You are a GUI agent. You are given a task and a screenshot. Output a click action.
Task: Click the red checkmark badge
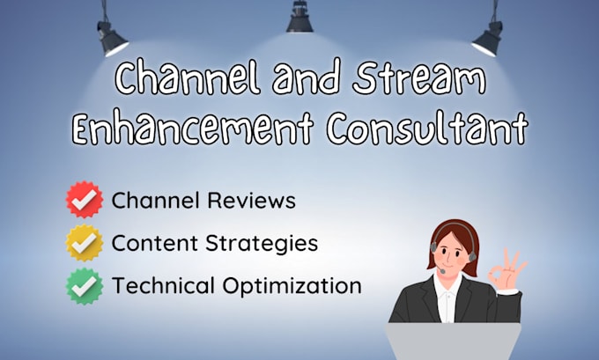pyautogui.click(x=85, y=200)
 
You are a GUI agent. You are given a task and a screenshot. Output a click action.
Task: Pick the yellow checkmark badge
pyautogui.click(x=85, y=243)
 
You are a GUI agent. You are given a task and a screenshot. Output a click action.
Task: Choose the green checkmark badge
pyautogui.click(x=85, y=285)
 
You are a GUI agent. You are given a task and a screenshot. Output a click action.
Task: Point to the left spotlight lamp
pyautogui.click(x=113, y=36)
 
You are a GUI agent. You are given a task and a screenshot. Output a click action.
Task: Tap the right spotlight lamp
pyautogui.click(x=487, y=36)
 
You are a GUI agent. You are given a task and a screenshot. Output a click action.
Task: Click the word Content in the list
pyautogui.click(x=152, y=243)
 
